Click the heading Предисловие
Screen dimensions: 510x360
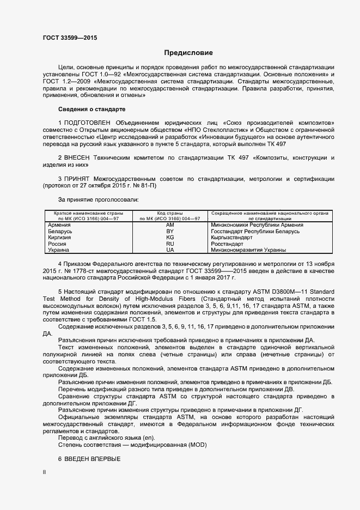pyautogui.click(x=188, y=53)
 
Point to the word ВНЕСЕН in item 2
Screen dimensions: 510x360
pyautogui.click(x=81, y=157)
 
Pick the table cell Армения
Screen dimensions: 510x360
pyautogui.click(x=59, y=225)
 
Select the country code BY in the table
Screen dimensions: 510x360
pyautogui.click(x=169, y=232)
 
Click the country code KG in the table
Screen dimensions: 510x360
pyautogui.click(x=169, y=238)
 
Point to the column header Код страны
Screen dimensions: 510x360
pyautogui.click(x=169, y=214)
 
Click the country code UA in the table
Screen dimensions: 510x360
pyautogui.click(x=169, y=250)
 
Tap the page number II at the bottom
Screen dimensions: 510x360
pyautogui.click(x=44, y=473)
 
